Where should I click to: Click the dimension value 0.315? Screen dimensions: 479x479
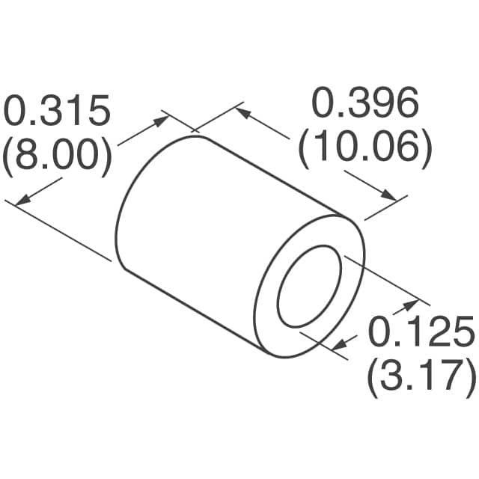point(58,112)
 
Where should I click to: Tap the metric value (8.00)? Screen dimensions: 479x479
point(58,157)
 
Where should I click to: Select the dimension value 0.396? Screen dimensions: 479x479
point(364,105)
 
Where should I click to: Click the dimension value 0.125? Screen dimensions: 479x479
point(421,332)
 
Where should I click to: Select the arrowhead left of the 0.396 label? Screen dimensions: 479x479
point(241,113)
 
